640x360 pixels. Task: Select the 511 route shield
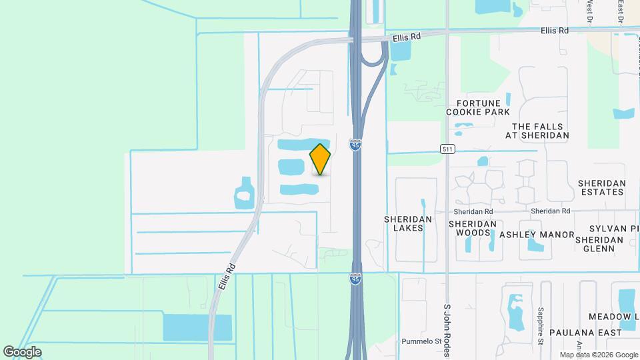tap(447, 149)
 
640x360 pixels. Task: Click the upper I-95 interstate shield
tap(356, 145)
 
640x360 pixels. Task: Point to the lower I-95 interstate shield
tap(356, 280)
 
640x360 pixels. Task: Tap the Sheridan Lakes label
tap(408, 223)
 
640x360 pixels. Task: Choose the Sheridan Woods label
tap(473, 228)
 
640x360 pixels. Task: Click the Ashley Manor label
tap(537, 235)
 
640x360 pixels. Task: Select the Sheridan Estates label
tap(601, 187)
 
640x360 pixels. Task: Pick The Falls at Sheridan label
tap(537, 131)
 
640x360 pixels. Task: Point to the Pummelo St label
tap(421, 341)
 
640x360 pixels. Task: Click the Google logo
tap(22, 352)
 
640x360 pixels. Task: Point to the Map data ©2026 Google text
tap(599, 355)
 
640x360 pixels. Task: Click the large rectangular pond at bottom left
tap(197, 327)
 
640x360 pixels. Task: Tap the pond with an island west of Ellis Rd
tap(244, 195)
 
